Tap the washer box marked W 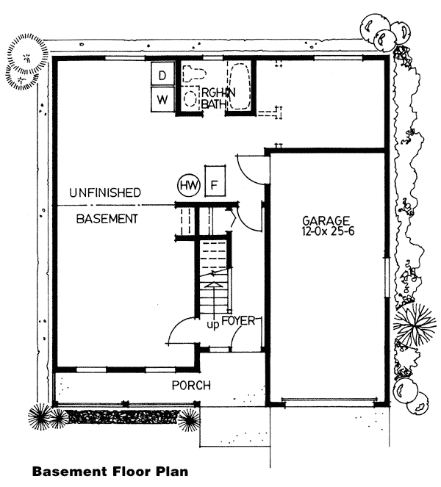pos(162,99)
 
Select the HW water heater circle pos(189,186)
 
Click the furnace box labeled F pos(215,181)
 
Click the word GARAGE pos(326,221)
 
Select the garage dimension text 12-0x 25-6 pos(328,231)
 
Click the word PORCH pos(191,386)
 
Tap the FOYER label pos(237,320)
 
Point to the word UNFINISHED pos(105,192)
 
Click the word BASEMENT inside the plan pos(107,219)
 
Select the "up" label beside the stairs pos(213,325)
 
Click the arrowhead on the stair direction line pos(214,285)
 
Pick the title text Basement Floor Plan pos(110,471)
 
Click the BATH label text pos(213,104)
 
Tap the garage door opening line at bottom pos(329,399)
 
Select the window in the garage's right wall pos(387,277)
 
